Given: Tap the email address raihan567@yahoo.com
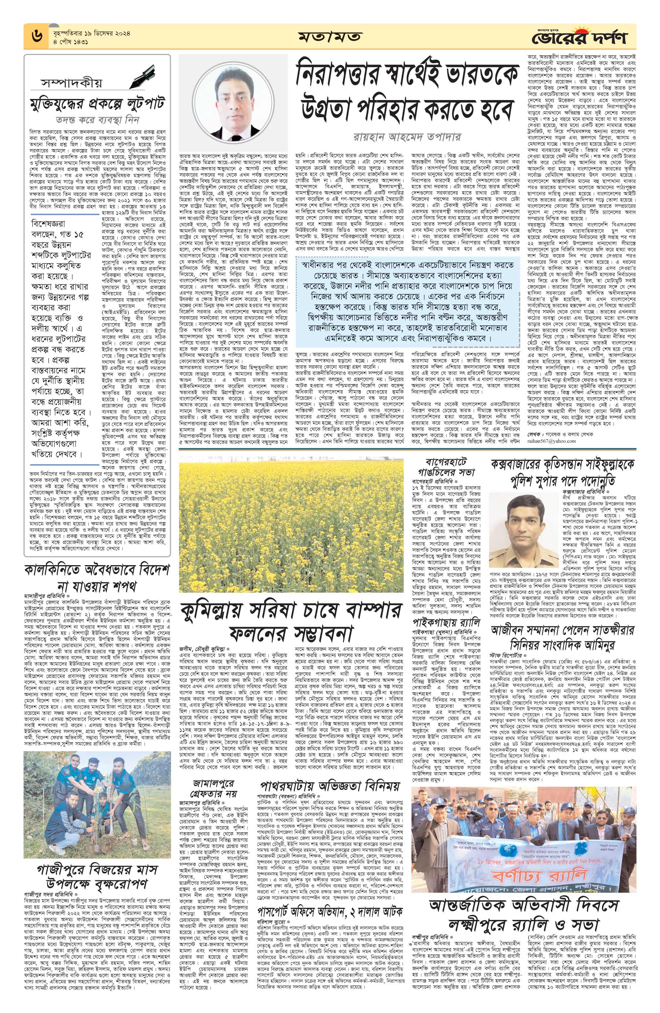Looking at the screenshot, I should (551, 441).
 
